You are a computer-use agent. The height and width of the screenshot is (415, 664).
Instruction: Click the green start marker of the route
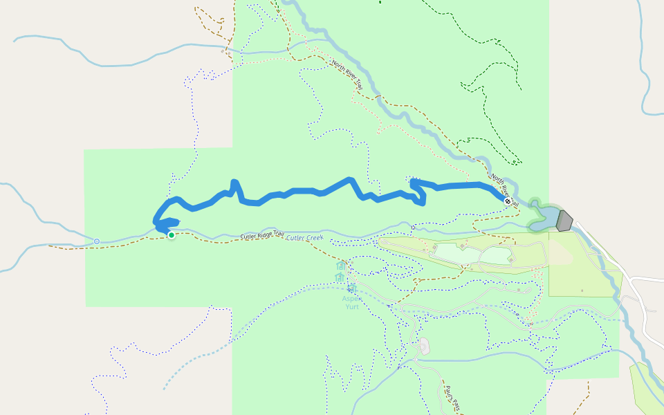tap(171, 235)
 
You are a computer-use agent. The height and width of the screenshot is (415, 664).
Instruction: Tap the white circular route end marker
tap(508, 201)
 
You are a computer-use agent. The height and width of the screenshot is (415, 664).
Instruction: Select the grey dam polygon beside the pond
tap(564, 221)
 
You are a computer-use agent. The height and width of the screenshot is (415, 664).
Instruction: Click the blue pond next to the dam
tap(545, 215)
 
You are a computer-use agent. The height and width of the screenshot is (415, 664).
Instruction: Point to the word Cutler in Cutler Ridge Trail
tap(249, 237)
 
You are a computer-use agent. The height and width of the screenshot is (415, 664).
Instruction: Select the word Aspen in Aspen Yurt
tap(351, 298)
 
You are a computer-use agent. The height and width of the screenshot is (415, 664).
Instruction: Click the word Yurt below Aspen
tap(351, 306)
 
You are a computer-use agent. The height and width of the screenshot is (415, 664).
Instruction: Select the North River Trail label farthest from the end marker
tap(347, 75)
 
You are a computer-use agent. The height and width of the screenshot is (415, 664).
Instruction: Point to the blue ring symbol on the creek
tap(97, 241)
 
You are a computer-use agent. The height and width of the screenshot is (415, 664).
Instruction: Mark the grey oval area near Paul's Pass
tap(424, 347)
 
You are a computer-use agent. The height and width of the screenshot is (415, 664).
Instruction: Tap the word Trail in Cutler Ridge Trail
tap(278, 234)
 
